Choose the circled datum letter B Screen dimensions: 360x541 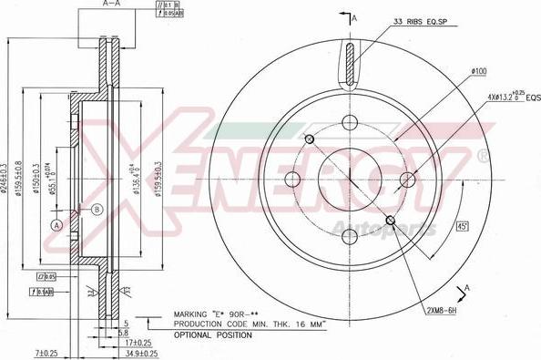click(x=97, y=209)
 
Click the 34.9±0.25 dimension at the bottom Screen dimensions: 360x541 click(x=141, y=352)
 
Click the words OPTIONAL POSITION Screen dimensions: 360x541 click(x=212, y=336)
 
